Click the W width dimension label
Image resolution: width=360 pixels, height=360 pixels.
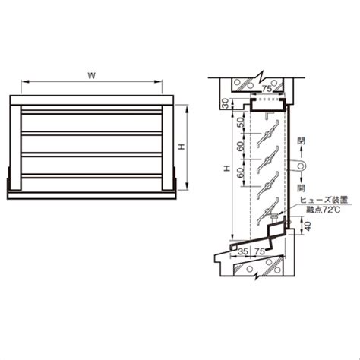point(91,75)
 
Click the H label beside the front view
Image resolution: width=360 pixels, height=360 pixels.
point(182,147)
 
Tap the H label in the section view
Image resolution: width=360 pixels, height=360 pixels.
point(227,168)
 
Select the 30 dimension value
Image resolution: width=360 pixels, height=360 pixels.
point(226,103)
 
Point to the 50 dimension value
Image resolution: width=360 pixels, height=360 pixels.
point(241,122)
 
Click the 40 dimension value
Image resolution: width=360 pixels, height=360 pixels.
point(307,226)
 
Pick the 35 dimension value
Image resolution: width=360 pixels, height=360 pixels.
point(243,251)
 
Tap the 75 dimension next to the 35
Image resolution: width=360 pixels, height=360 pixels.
point(260,251)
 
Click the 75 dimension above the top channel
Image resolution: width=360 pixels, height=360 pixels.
point(267,89)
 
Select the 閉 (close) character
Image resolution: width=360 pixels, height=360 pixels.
point(301,141)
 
